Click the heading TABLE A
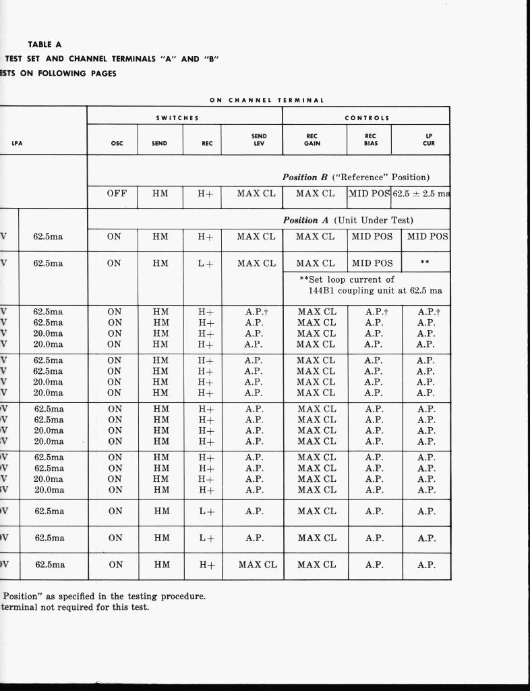click(x=45, y=45)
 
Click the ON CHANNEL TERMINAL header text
click(x=266, y=100)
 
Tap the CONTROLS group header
click(x=366, y=117)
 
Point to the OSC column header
click(x=116, y=143)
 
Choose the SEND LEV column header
click(x=259, y=140)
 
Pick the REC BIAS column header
click(x=370, y=140)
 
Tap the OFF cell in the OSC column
click(x=117, y=194)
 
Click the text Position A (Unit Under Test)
click(x=348, y=220)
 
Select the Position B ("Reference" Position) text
click(x=355, y=177)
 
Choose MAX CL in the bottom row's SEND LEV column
click(x=258, y=565)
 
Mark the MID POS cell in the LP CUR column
click(x=427, y=237)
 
